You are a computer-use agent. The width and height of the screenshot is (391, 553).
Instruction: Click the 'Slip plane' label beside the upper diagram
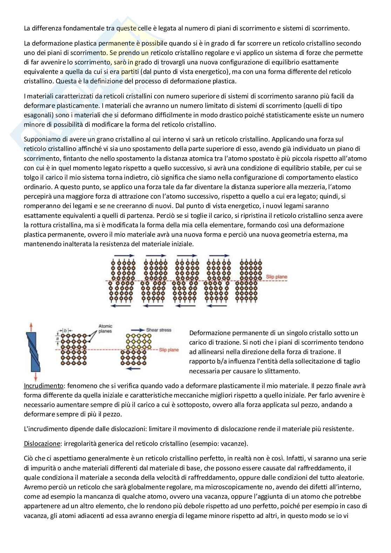(x=276, y=277)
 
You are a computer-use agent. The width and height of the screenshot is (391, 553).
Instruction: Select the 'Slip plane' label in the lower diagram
(x=169, y=350)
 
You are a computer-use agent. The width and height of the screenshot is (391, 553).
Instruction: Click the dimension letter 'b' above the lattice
(x=66, y=330)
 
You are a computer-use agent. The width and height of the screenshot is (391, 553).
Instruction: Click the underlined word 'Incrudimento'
(x=43, y=386)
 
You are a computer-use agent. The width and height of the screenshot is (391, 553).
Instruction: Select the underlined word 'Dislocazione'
(x=42, y=443)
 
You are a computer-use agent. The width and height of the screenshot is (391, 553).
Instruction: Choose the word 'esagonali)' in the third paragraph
(x=38, y=115)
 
